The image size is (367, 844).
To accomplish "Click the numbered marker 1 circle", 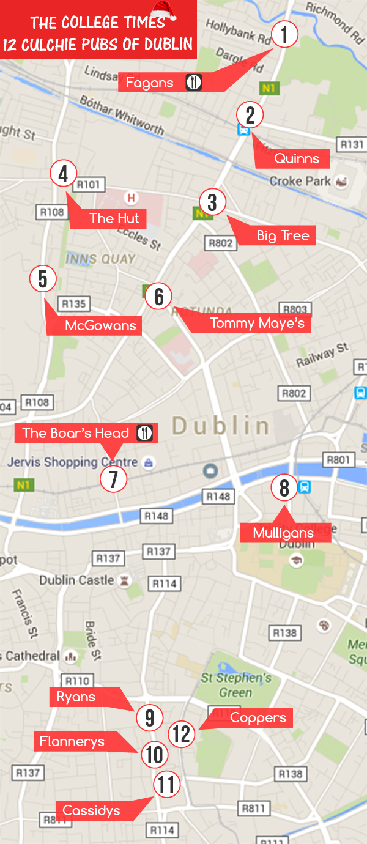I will (x=284, y=35).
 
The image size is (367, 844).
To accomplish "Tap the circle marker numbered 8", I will (x=284, y=488).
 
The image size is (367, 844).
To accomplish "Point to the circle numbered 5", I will (x=43, y=279).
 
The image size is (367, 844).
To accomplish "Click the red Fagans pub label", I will (x=150, y=83).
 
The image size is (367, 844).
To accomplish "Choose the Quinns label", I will (x=297, y=159).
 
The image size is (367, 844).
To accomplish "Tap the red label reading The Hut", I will (x=114, y=218).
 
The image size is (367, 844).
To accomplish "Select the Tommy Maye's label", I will (x=257, y=324).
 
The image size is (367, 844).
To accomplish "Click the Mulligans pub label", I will (x=283, y=533).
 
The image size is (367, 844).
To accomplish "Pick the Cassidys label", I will (x=91, y=811).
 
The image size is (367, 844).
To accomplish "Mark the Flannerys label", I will (x=72, y=742).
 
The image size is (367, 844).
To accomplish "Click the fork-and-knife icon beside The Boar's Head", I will (x=144, y=433).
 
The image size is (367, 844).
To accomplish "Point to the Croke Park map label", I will (x=300, y=182).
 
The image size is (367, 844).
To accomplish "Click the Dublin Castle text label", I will (x=77, y=580).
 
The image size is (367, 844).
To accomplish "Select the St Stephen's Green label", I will (x=236, y=685).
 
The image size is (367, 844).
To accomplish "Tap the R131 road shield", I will (x=352, y=144).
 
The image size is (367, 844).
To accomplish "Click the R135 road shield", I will (x=74, y=304).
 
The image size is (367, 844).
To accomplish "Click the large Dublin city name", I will (x=221, y=426).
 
